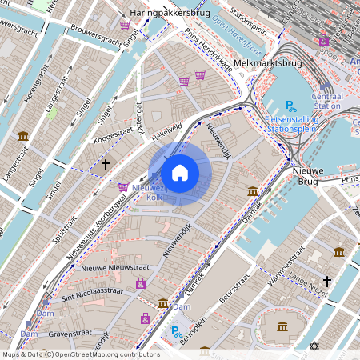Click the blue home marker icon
180,172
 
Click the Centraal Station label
326,100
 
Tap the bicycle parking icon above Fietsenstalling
291,105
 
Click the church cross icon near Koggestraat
105,164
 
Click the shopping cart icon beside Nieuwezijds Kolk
123,187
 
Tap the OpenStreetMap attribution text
80,354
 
